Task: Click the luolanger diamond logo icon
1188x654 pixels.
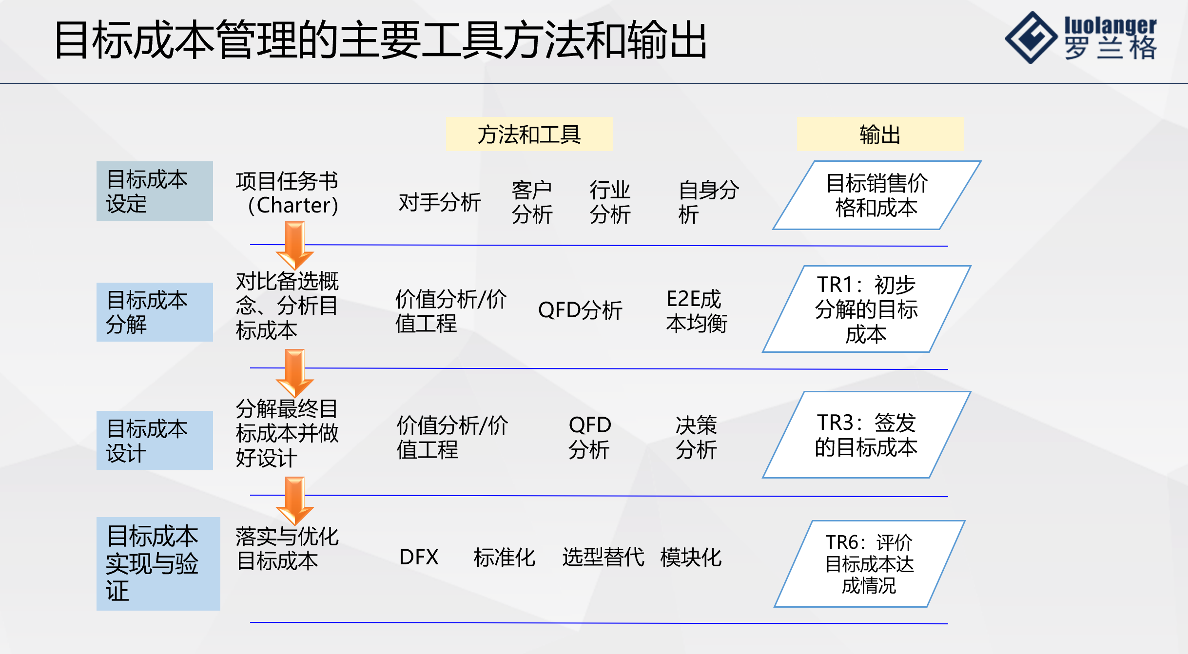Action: (1031, 38)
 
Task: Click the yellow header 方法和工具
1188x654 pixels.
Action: (529, 134)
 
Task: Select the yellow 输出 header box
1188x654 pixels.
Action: (880, 134)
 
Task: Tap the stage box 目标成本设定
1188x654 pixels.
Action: (155, 191)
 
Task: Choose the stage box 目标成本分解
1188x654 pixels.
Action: (155, 312)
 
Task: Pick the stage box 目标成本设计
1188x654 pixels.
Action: (155, 441)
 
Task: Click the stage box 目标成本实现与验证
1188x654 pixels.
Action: (158, 563)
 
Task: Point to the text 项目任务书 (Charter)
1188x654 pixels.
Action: (288, 193)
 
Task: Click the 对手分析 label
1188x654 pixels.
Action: (439, 202)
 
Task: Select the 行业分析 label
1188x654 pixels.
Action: (610, 202)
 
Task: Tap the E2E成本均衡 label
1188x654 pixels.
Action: (696, 311)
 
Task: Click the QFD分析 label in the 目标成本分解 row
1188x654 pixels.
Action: (580, 310)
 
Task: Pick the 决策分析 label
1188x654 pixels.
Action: (696, 437)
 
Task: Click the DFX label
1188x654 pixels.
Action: (419, 557)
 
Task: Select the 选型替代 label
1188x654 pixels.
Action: (603, 557)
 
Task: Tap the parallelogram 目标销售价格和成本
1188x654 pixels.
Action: (876, 195)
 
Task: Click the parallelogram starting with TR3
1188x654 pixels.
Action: (866, 435)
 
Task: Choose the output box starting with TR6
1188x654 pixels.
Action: (869, 564)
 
